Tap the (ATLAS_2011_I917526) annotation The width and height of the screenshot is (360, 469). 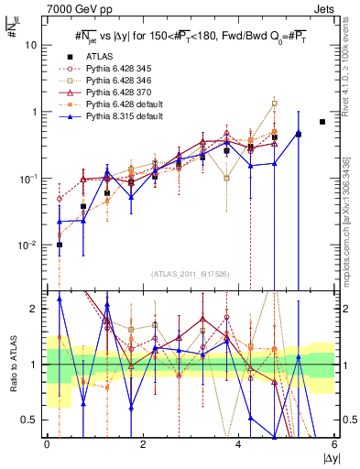click(x=191, y=275)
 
